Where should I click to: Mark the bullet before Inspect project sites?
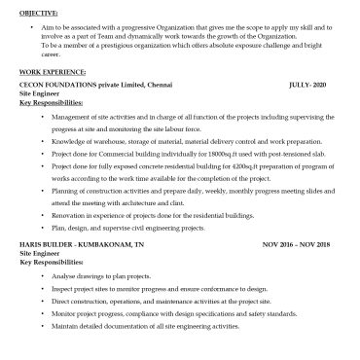coord(42,289)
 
